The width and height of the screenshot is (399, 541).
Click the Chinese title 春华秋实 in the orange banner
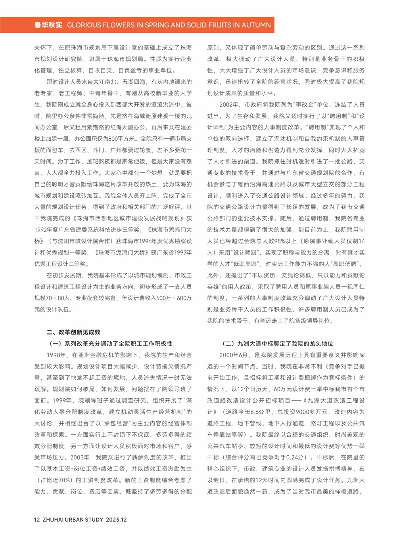pos(48,25)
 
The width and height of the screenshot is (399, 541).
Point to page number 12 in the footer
pos(37,520)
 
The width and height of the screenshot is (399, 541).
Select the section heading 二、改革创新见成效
pos(73,332)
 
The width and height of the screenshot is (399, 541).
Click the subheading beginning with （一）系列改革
pos(110,344)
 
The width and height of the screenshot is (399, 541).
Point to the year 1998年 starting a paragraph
pos(56,355)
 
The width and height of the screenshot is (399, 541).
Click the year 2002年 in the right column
pos(229,105)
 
